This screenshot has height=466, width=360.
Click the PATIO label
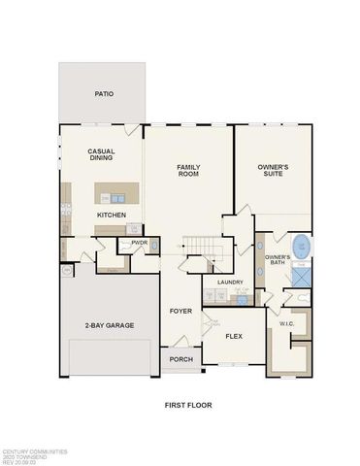(x=103, y=94)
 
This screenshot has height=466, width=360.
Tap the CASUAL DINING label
(x=103, y=155)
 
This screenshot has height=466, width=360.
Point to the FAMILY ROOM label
(x=188, y=171)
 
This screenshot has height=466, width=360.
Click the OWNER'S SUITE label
(x=274, y=171)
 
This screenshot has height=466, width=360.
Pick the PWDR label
(x=139, y=243)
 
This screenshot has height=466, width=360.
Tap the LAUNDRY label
(x=230, y=282)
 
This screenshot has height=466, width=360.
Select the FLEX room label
(x=233, y=336)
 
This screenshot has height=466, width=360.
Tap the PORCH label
(x=180, y=358)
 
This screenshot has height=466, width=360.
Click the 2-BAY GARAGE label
(x=109, y=324)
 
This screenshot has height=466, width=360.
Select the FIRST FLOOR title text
(x=187, y=404)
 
